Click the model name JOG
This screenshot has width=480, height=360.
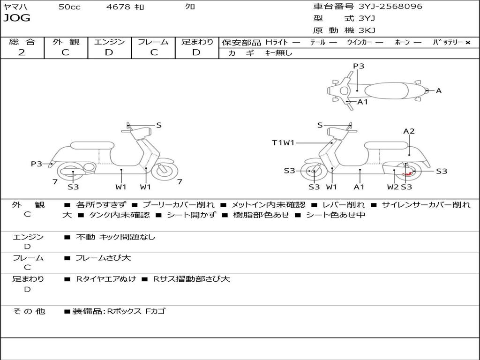pyautogui.click(x=17, y=18)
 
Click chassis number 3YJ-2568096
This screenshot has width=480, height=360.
pyautogui.click(x=390, y=6)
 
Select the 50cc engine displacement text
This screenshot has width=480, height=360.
pyautogui.click(x=69, y=7)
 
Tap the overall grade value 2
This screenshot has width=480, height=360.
pyautogui.click(x=22, y=52)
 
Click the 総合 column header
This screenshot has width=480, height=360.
pyautogui.click(x=22, y=42)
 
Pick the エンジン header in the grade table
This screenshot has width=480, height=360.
pyautogui.click(x=109, y=42)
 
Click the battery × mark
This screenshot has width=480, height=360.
pyautogui.click(x=468, y=43)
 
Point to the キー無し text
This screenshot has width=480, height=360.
pyautogui.click(x=279, y=53)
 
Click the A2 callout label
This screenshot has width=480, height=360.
pyautogui.click(x=409, y=131)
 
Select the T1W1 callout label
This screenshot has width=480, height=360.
pyautogui.click(x=283, y=142)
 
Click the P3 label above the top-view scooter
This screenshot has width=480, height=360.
pyautogui.click(x=359, y=66)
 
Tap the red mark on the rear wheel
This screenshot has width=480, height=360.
pyautogui.click(x=407, y=174)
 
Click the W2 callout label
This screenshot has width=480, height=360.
pyautogui.click(x=393, y=187)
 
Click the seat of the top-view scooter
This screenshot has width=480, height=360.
pyautogui.click(x=386, y=91)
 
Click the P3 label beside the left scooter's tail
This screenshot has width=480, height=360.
pyautogui.click(x=37, y=164)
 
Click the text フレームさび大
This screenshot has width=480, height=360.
pyautogui.click(x=103, y=258)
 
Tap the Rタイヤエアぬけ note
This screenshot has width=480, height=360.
pyautogui.click(x=106, y=279)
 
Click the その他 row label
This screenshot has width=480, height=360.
pyautogui.click(x=29, y=311)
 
